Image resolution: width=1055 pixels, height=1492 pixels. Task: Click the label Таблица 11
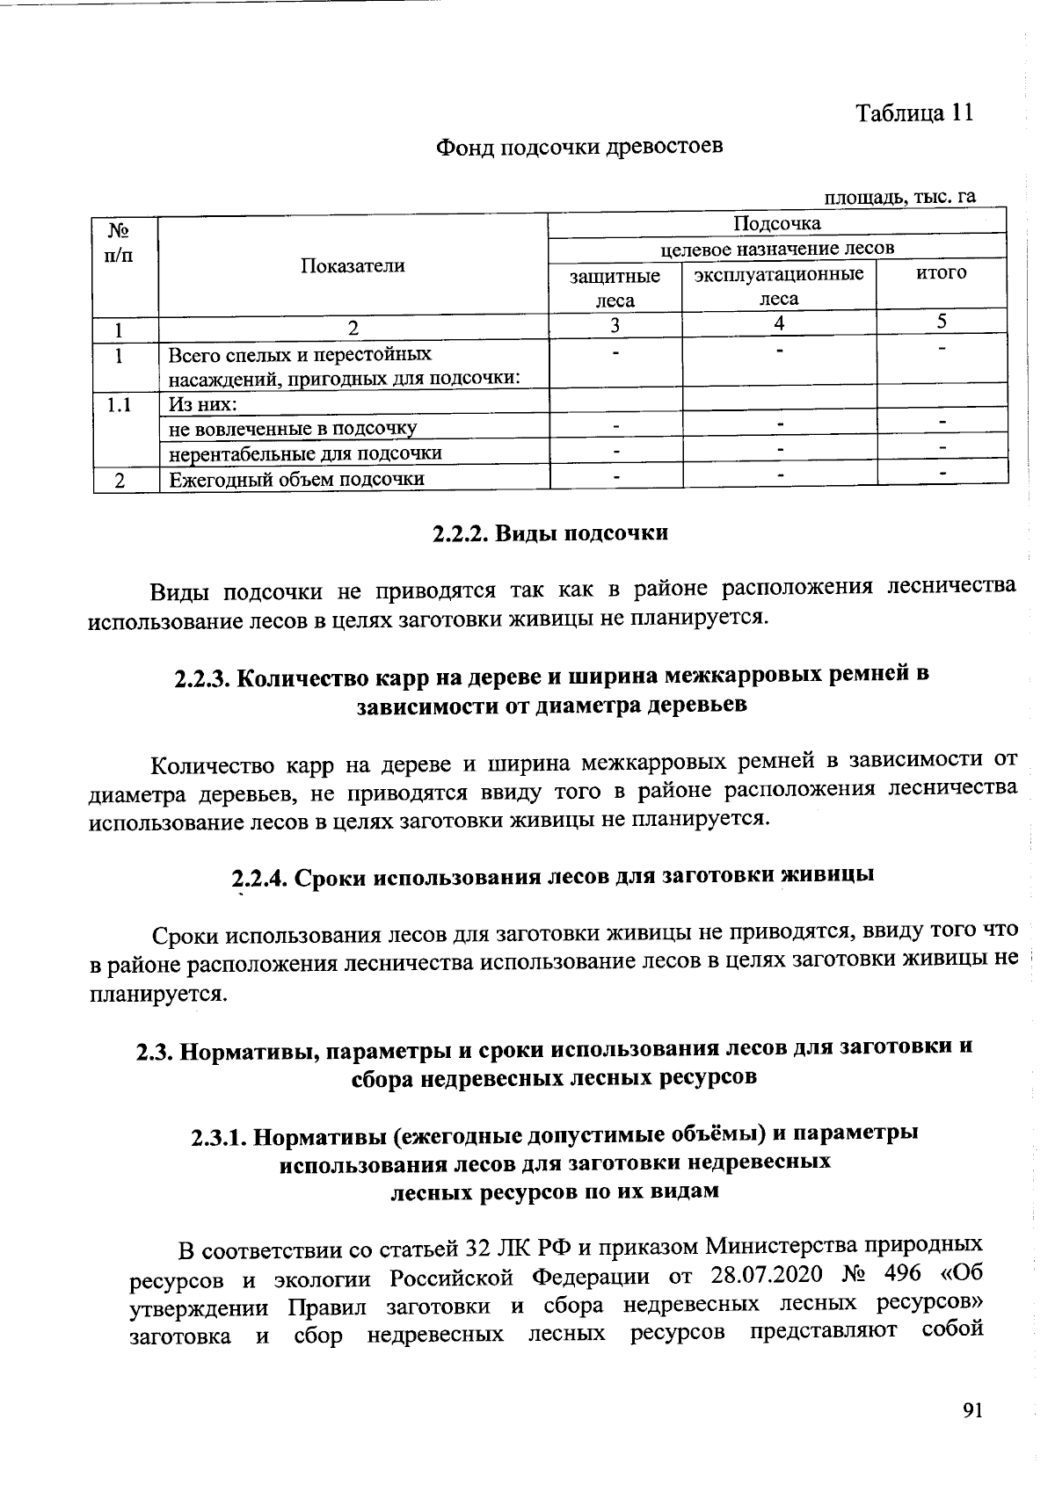(x=914, y=113)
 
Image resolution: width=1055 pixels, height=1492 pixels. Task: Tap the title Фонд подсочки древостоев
(x=580, y=146)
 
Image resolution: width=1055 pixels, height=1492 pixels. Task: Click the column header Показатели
(x=353, y=266)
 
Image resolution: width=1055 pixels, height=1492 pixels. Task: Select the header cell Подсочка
(x=776, y=223)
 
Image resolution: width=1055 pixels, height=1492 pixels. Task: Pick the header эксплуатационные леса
(x=779, y=286)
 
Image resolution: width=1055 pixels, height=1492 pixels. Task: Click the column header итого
(x=941, y=273)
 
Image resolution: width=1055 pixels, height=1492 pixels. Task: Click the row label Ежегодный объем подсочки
(x=296, y=479)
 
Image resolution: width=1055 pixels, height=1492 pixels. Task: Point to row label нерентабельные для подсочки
(x=305, y=453)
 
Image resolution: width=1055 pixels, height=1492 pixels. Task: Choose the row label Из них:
(x=203, y=404)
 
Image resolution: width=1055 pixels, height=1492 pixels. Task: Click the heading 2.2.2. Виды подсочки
(x=551, y=533)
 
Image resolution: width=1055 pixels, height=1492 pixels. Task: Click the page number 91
(x=971, y=1411)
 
